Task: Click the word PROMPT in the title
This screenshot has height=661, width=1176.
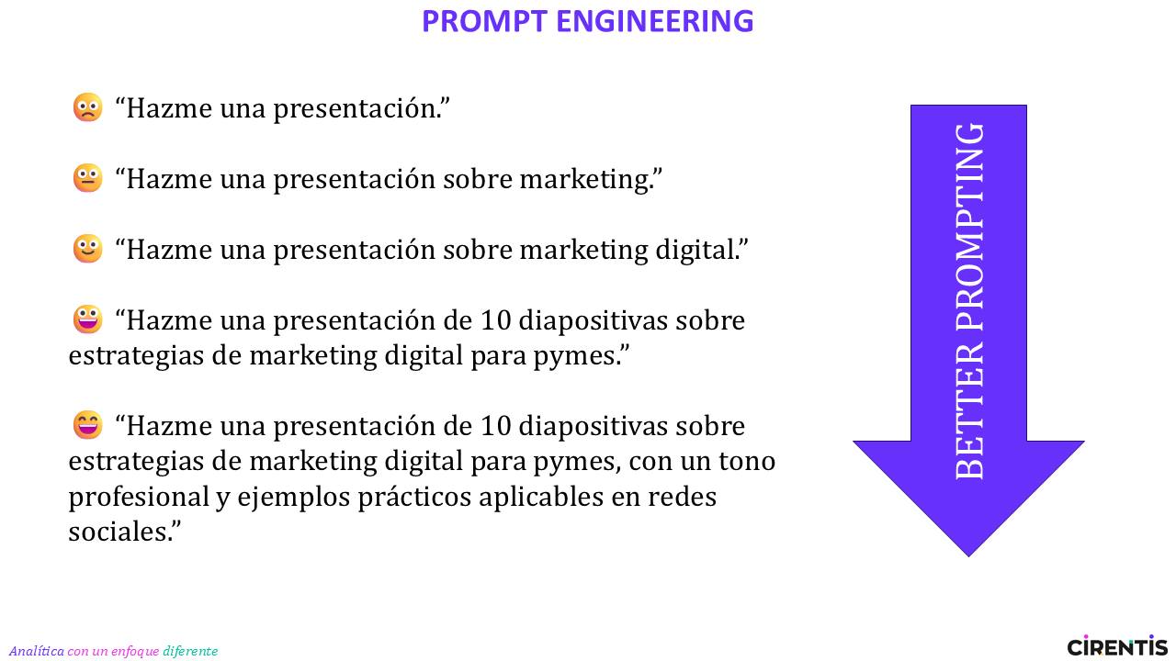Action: pyautogui.click(x=484, y=21)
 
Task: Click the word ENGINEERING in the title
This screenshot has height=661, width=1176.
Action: pyautogui.click(x=655, y=21)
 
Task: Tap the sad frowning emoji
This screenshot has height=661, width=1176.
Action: pyautogui.click(x=87, y=107)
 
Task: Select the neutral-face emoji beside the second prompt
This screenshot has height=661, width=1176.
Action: pyautogui.click(x=87, y=178)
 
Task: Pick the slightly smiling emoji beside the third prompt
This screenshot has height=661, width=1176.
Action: pyautogui.click(x=87, y=248)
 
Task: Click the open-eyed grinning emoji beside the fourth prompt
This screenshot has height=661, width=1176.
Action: pyautogui.click(x=87, y=319)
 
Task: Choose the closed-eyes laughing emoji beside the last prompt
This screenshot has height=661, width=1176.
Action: pyautogui.click(x=87, y=424)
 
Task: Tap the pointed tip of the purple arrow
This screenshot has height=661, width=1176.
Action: pyautogui.click(x=968, y=556)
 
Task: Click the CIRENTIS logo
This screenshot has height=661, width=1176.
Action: pyautogui.click(x=1117, y=645)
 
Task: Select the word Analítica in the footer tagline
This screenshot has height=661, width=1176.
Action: pyautogui.click(x=36, y=651)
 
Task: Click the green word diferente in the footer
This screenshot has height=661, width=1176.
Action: pyautogui.click(x=190, y=651)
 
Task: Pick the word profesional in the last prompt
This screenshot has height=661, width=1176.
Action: pyautogui.click(x=139, y=497)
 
